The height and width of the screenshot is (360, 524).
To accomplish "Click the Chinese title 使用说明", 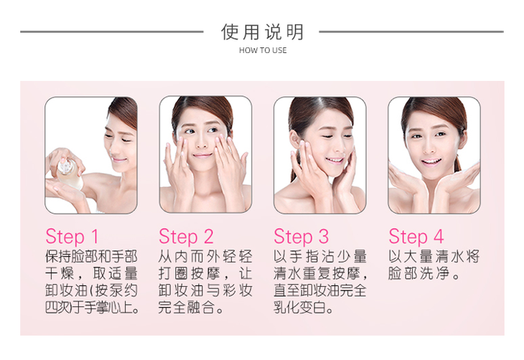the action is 262,32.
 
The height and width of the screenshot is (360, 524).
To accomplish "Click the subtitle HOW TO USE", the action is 263,50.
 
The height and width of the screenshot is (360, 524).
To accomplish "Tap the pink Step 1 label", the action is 72,237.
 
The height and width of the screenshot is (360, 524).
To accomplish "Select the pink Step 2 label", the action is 186,237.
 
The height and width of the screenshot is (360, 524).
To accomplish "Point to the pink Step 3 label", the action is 301,237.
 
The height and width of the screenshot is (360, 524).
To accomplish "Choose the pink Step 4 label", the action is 416,237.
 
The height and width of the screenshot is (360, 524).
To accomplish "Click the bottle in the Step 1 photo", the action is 69,173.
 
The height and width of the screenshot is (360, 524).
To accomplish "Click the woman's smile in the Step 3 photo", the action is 334,161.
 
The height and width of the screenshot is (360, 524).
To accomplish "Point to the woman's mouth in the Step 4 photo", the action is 431,162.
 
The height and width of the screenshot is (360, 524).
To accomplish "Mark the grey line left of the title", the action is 111,32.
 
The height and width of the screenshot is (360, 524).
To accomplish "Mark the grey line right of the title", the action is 411,32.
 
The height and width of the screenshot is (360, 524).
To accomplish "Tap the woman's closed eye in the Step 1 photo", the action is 126,140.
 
